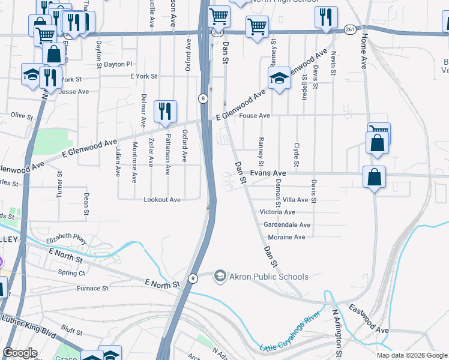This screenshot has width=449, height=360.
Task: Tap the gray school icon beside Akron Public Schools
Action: tap(220, 276)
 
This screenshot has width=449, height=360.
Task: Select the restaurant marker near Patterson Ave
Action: tap(165, 111)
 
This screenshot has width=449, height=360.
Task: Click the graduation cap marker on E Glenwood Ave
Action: tap(279, 78)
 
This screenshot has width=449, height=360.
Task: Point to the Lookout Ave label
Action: tap(162, 200)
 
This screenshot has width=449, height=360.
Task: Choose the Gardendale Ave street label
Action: tap(287, 225)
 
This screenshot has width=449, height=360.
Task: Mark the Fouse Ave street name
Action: tap(255, 116)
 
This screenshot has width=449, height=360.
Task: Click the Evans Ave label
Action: tap(268, 173)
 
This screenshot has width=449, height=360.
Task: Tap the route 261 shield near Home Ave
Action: tap(350, 28)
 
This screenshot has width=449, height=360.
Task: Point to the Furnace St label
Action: tap(92, 289)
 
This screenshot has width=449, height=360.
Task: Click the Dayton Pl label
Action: tap(118, 64)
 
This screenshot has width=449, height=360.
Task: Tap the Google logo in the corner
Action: tap(20, 353)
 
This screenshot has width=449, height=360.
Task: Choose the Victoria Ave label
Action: tap(277, 212)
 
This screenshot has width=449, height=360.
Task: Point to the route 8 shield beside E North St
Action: tap(193, 278)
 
